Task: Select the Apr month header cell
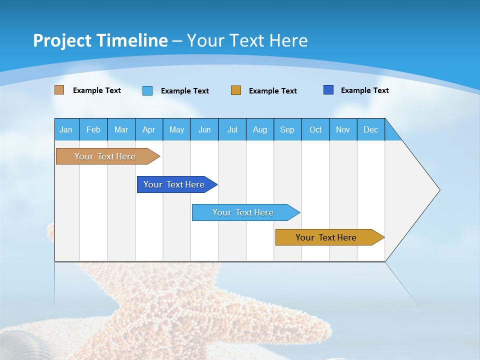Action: [149, 129]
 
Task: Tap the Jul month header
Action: [232, 129]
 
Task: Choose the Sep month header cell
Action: [287, 129]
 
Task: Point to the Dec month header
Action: [370, 129]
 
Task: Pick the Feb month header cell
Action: [93, 129]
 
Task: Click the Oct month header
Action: [315, 129]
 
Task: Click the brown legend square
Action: [59, 90]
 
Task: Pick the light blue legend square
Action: [147, 90]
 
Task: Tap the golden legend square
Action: [236, 90]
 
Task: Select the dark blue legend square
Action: [328, 90]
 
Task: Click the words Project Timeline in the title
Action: [100, 40]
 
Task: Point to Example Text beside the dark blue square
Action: [364, 90]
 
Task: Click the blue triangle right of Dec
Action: [391, 133]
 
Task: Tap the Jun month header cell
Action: [204, 129]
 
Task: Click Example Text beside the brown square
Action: [97, 90]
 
